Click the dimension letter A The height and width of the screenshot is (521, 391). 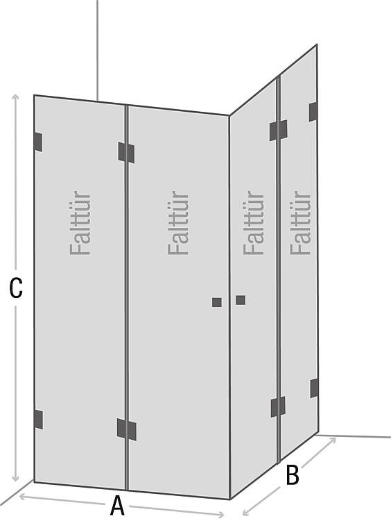pos(117,506)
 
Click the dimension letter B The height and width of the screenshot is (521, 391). pos(292,475)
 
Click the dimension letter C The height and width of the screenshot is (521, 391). pos(16,288)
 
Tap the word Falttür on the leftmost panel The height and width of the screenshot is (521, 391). pos(80,223)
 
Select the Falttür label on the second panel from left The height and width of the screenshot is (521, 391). pos(178,223)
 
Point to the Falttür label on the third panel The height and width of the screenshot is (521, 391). pos(254,223)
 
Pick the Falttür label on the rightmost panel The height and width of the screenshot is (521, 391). pos(300,223)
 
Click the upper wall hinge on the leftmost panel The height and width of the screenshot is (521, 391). pos(38,142)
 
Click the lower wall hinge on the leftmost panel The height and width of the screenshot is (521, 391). pos(38,420)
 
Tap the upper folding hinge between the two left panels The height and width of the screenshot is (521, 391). pos(126,153)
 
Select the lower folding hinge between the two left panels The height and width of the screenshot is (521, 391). pos(127,429)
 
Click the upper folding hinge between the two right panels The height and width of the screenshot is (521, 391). pos(279,131)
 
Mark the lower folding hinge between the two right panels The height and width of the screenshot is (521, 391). pos(278,406)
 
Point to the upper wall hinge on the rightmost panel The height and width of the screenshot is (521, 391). pos(313,112)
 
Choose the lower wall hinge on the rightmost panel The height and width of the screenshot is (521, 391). pos(314,388)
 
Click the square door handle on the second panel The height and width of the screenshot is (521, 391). pos(217,302)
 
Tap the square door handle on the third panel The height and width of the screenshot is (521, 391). pos(241,300)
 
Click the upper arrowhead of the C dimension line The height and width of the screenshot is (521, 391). pos(15,98)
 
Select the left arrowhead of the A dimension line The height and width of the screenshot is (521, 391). pos(23,497)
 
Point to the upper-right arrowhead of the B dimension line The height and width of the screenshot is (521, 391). pos(332,441)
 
